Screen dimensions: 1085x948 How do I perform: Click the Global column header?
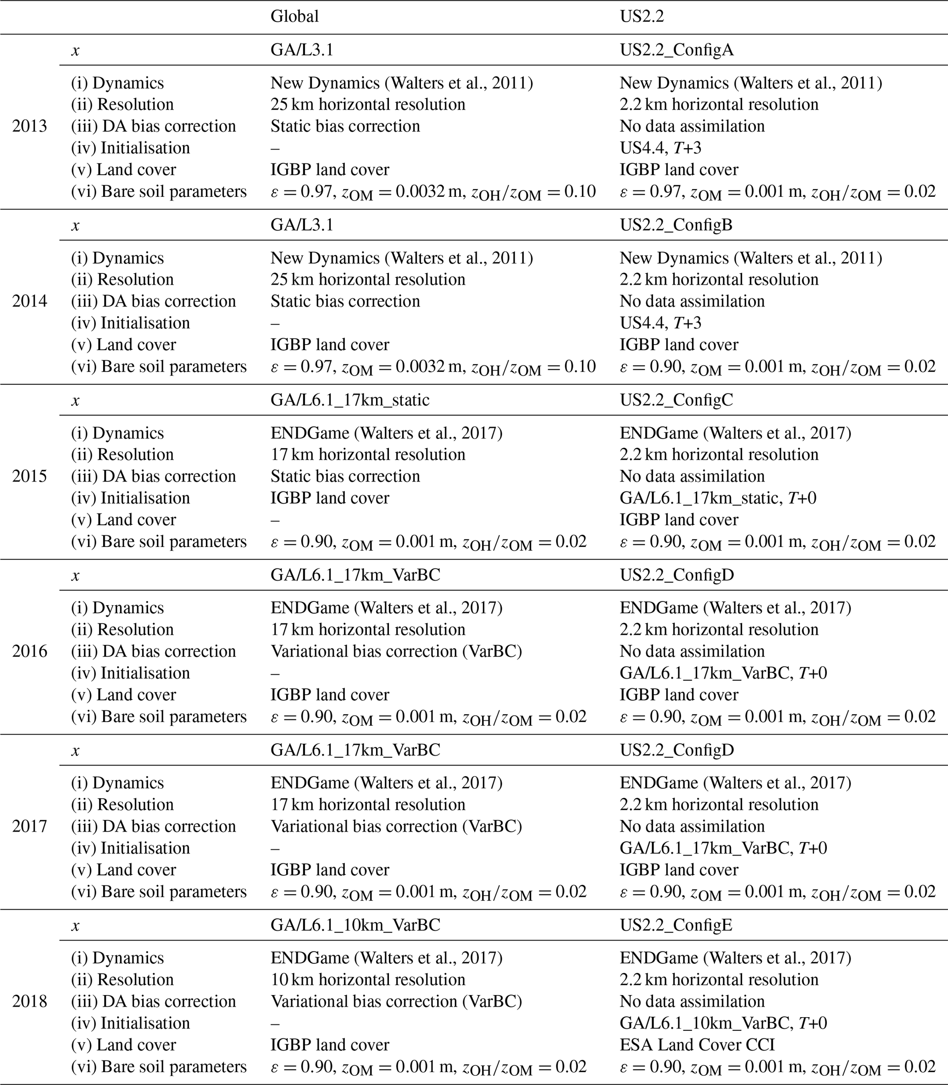pos(294,17)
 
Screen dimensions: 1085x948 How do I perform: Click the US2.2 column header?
pos(642,17)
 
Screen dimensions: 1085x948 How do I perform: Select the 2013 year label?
pos(30,126)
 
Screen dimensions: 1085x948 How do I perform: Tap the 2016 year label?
pos(30,651)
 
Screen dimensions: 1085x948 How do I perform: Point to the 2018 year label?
pos(30,1002)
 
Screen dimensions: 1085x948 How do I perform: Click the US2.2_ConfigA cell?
pos(676,50)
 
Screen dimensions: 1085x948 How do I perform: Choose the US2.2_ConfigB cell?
pos(676,225)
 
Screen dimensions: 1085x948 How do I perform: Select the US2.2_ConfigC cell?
pos(676,400)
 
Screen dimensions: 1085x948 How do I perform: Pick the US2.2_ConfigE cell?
pos(676,925)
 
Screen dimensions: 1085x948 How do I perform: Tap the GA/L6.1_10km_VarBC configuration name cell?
pos(355,925)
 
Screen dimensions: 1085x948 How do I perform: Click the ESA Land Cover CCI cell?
pos(697,1045)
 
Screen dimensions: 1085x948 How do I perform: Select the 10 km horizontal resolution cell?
pos(368,979)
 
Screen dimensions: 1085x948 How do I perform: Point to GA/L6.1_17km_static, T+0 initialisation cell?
pos(718,498)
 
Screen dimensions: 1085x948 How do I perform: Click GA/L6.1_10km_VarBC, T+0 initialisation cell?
pos(723,1023)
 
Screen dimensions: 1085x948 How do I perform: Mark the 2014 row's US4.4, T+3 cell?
pos(660,323)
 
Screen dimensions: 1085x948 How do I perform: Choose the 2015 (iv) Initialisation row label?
pos(131,498)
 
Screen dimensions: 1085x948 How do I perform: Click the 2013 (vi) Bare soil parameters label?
pos(159,191)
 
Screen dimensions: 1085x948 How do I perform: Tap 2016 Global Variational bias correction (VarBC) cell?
pos(396,651)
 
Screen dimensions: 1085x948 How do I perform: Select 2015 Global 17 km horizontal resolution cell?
pos(368,455)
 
